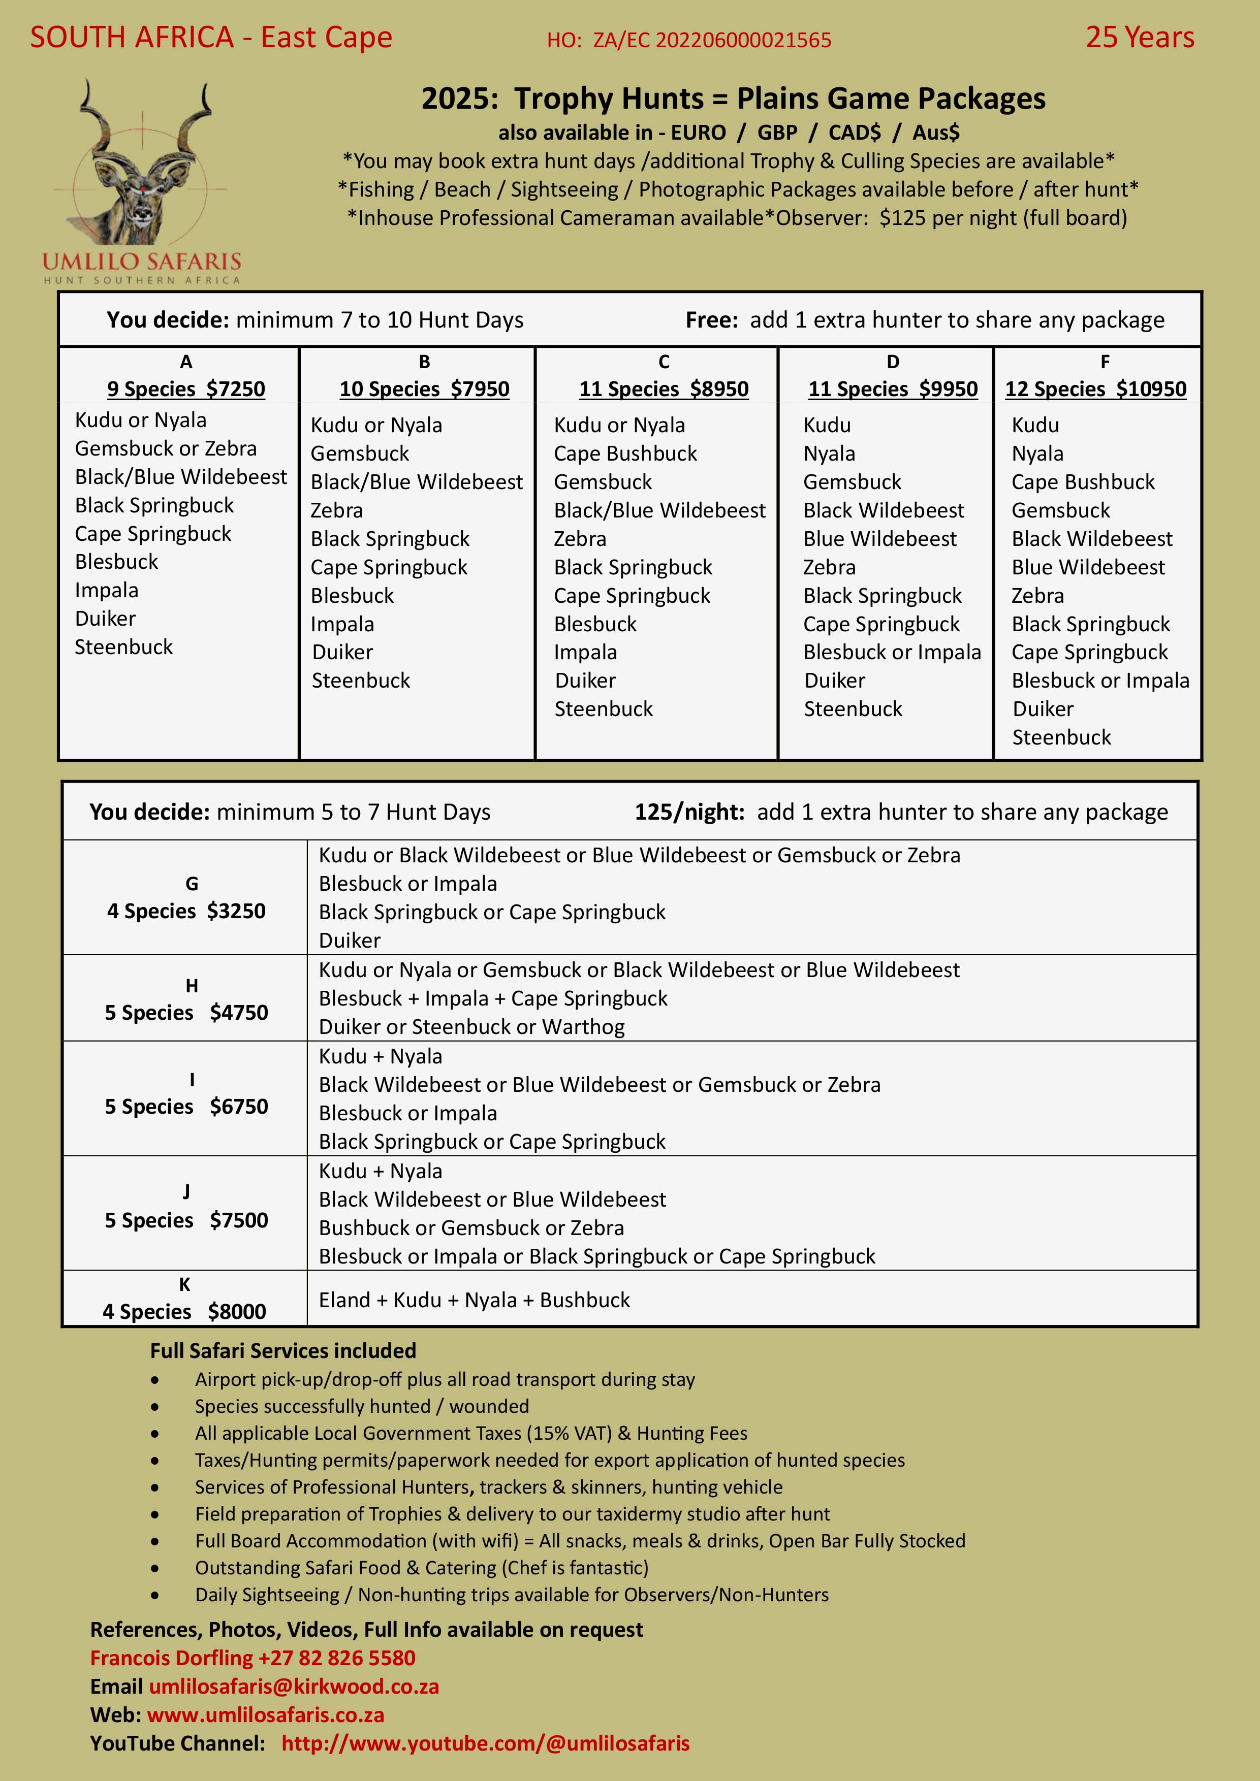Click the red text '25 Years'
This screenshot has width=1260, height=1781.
point(1139,37)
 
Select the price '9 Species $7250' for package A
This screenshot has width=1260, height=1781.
point(186,388)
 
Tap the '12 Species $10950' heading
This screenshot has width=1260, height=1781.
point(1095,388)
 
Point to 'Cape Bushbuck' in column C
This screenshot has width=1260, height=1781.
point(625,453)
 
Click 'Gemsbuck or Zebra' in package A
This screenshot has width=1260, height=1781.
point(165,448)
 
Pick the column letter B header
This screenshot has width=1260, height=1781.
point(424,362)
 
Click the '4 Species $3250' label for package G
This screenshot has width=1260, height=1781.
point(186,911)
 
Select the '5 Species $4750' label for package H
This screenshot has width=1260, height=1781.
point(186,1012)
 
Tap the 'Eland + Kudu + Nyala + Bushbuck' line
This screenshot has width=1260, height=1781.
point(474,1300)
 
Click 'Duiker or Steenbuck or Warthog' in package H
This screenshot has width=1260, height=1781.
point(471,1027)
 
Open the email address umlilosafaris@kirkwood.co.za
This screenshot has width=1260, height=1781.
point(294,1687)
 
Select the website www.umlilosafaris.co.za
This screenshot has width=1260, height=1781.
point(265,1715)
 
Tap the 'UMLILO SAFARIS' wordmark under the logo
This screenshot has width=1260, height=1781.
point(142,262)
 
